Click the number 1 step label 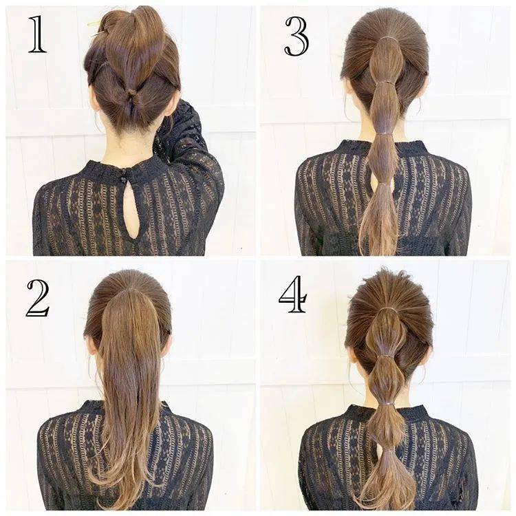pos(37,34)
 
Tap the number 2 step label pos(38,299)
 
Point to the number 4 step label pos(293,294)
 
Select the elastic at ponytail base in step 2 pos(129,290)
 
